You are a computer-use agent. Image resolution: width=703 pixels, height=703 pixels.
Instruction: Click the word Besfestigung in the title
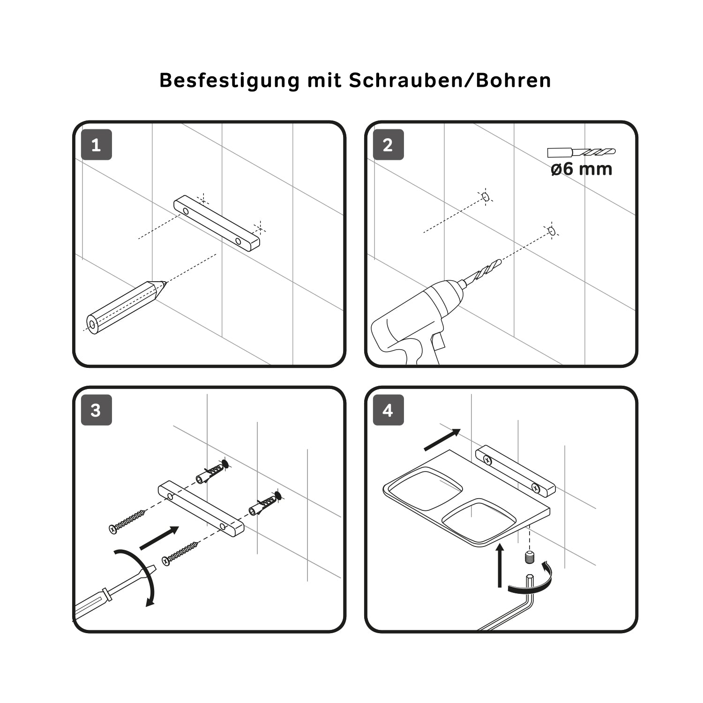(229, 81)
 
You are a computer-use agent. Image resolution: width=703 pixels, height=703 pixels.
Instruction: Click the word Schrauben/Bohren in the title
(450, 81)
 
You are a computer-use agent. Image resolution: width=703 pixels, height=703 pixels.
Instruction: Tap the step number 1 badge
(97, 145)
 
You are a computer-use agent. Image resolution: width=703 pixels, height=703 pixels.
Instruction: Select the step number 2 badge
(388, 145)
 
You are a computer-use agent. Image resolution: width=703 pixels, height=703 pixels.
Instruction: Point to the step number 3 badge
(97, 410)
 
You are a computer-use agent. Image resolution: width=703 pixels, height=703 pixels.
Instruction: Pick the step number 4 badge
(388, 410)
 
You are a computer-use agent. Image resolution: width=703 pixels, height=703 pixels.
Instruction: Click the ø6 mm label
(582, 169)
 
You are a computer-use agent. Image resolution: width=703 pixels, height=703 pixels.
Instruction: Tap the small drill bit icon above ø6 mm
(582, 152)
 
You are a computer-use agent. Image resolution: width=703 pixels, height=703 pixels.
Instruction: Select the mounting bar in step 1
(217, 224)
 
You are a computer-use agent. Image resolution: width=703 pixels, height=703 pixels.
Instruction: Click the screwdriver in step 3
(115, 593)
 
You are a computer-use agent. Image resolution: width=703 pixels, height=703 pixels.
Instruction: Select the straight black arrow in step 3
(159, 538)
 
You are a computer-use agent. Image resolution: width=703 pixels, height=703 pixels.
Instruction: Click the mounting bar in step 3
(201, 509)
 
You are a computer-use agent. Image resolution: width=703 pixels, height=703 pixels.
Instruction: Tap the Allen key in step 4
(511, 605)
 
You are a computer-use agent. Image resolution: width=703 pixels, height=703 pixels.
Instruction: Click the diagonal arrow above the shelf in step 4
(442, 440)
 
